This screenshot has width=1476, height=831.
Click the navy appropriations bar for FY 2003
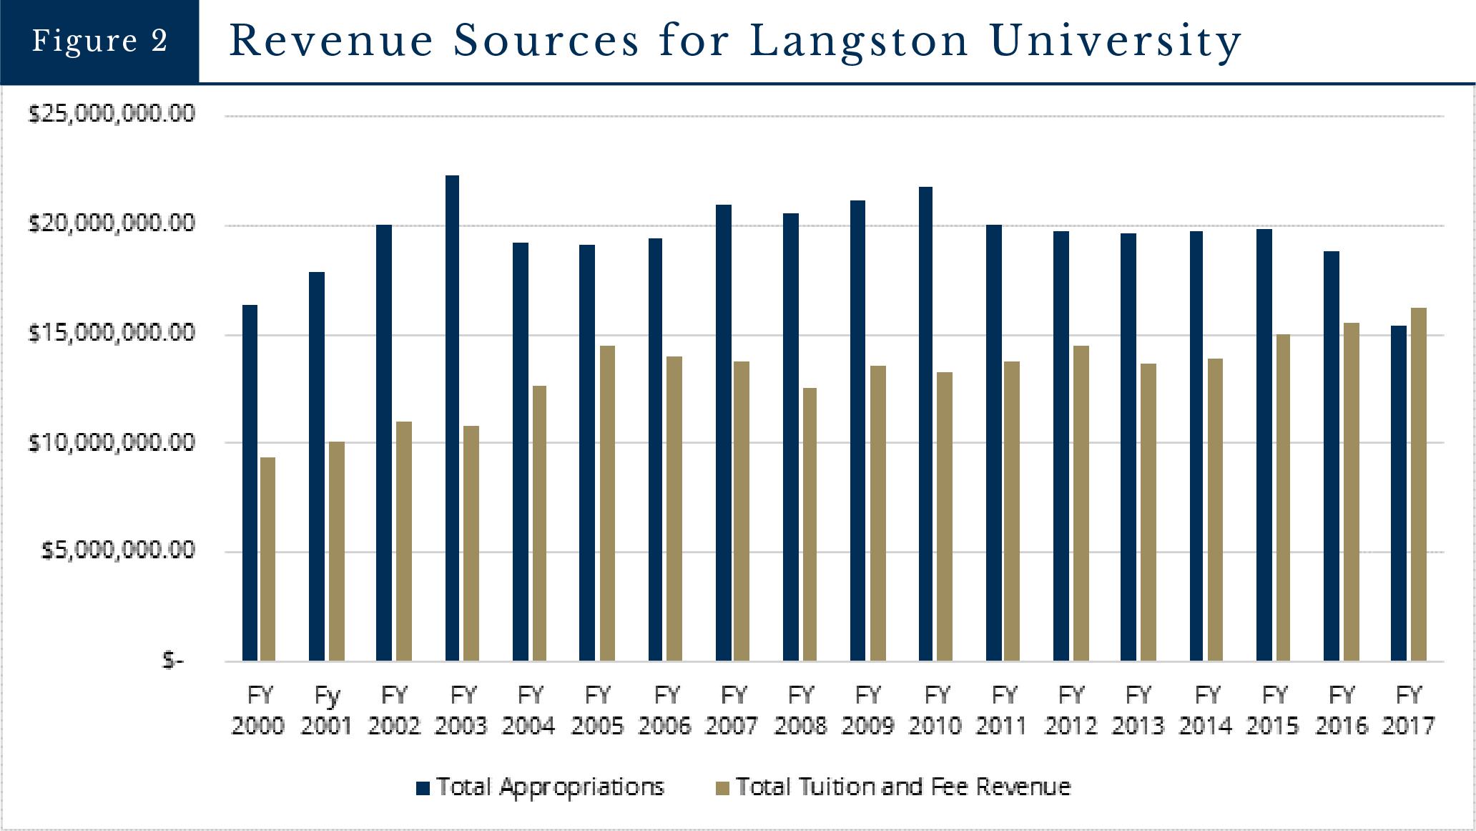coord(452,418)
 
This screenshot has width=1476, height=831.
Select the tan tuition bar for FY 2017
coord(1418,484)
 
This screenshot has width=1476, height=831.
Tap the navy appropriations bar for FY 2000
coord(250,482)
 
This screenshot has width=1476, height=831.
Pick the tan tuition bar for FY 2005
coord(607,503)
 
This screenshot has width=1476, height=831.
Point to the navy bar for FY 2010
coord(925,424)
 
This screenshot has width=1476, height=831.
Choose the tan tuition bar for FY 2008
coord(810,524)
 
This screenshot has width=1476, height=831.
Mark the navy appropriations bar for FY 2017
coord(1398,493)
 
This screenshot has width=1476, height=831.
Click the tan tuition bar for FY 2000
coord(267,558)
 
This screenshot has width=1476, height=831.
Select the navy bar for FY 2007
coord(723,432)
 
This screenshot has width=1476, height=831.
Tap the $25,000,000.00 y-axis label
coord(112,114)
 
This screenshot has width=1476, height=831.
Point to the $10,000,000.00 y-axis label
coord(112,442)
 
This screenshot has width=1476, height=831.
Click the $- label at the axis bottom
coord(173,660)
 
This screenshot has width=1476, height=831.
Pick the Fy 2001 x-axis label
coord(327,710)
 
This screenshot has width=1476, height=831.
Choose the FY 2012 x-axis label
coord(1071,710)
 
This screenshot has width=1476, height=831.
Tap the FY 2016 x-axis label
coord(1342,710)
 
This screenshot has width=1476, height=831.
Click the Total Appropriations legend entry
coord(541,787)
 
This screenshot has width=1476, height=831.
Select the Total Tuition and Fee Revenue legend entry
coord(894,787)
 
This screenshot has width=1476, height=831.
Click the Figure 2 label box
coord(99,41)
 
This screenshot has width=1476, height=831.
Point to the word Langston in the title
coord(859,41)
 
